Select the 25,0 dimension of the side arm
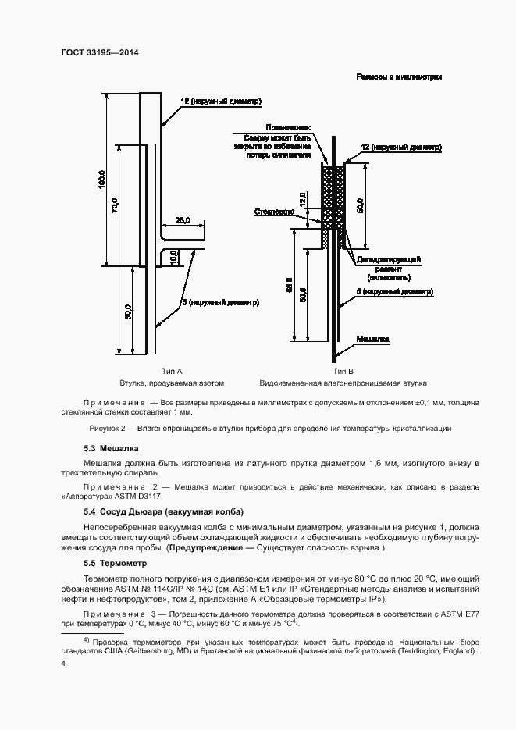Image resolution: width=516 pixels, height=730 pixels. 183,220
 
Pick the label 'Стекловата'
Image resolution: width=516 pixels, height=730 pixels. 273,212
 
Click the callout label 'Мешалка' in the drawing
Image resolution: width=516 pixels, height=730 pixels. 372,340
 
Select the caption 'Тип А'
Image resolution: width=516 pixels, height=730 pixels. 172,372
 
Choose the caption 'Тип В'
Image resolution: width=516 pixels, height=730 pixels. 343,372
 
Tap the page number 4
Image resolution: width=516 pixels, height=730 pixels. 63,663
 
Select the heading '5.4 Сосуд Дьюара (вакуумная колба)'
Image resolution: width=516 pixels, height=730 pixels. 163,511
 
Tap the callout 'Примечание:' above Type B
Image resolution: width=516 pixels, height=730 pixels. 288,127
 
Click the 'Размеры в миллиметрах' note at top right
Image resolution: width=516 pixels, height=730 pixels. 399,77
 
